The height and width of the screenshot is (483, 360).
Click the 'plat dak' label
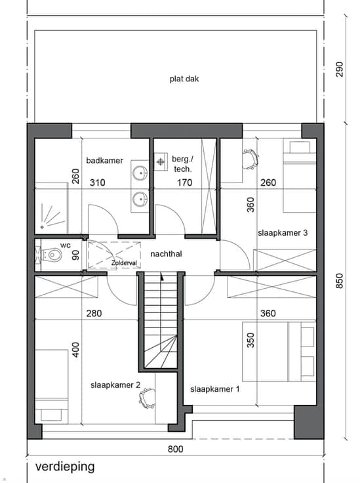click(184, 79)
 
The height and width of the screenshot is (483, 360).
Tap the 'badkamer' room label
click(105, 161)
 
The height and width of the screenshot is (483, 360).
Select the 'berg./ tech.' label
click(183, 164)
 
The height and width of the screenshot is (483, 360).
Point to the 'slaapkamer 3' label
click(283, 233)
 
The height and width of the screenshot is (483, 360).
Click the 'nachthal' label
click(166, 254)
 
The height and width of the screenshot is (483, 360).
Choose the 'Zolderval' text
click(124, 263)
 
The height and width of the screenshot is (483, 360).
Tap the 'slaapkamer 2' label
click(115, 385)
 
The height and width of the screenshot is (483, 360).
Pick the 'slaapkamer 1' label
click(215, 389)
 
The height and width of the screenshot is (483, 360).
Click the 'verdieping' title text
click(65, 467)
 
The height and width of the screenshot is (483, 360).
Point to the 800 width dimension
click(175, 449)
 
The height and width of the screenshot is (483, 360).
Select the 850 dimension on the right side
click(339, 281)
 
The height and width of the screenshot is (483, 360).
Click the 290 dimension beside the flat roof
click(339, 70)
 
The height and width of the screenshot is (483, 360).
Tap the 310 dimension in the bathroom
click(97, 182)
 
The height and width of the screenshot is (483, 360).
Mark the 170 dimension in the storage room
click(185, 182)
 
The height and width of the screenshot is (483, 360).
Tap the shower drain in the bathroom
click(42, 227)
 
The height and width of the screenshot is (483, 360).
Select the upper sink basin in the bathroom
click(140, 173)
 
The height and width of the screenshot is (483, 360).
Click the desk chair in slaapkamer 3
click(250, 159)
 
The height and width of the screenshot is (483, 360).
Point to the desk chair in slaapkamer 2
click(148, 398)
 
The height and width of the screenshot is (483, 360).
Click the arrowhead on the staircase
click(162, 277)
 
